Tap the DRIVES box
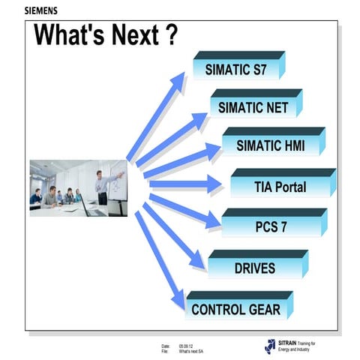[x=254, y=268]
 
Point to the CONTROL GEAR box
[x=235, y=308]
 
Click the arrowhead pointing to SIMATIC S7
[x=180, y=78]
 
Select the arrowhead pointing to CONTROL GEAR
[x=178, y=300]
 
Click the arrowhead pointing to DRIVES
[x=198, y=261]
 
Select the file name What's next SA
[x=193, y=351]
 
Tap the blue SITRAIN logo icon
[x=270, y=346]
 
